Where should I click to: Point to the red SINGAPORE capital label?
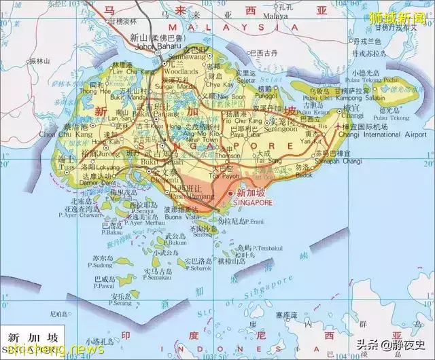point(252,202)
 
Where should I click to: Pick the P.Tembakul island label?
point(259,248)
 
